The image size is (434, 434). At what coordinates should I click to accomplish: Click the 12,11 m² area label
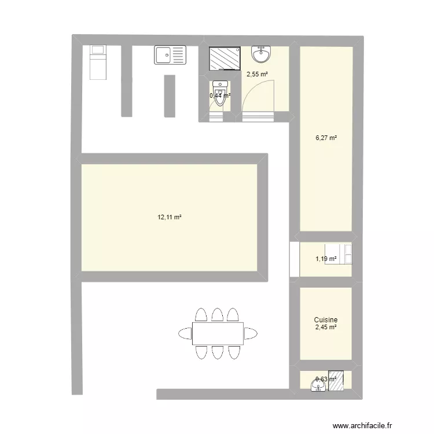click(170, 218)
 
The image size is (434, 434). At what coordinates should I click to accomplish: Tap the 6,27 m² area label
click(326, 138)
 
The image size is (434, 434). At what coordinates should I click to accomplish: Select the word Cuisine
click(326, 319)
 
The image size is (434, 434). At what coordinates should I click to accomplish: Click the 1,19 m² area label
click(326, 259)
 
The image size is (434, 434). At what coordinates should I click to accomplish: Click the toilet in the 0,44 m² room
click(219, 95)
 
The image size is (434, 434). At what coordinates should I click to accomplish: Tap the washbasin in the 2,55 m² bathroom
click(260, 55)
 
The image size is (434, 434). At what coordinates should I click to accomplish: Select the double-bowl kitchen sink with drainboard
click(171, 56)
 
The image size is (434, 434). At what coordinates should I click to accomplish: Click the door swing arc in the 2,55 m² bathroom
click(258, 95)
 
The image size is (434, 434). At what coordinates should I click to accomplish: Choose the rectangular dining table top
click(218, 333)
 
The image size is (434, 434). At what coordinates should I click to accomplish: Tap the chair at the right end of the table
click(250, 333)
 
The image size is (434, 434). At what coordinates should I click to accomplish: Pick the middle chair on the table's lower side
click(218, 352)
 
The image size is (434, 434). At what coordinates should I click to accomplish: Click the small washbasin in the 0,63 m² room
click(318, 384)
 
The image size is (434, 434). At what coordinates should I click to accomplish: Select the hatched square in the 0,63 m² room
click(336, 381)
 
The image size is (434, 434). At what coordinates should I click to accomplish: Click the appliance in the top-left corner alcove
click(98, 62)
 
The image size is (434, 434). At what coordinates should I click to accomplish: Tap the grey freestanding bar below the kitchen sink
click(170, 95)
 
